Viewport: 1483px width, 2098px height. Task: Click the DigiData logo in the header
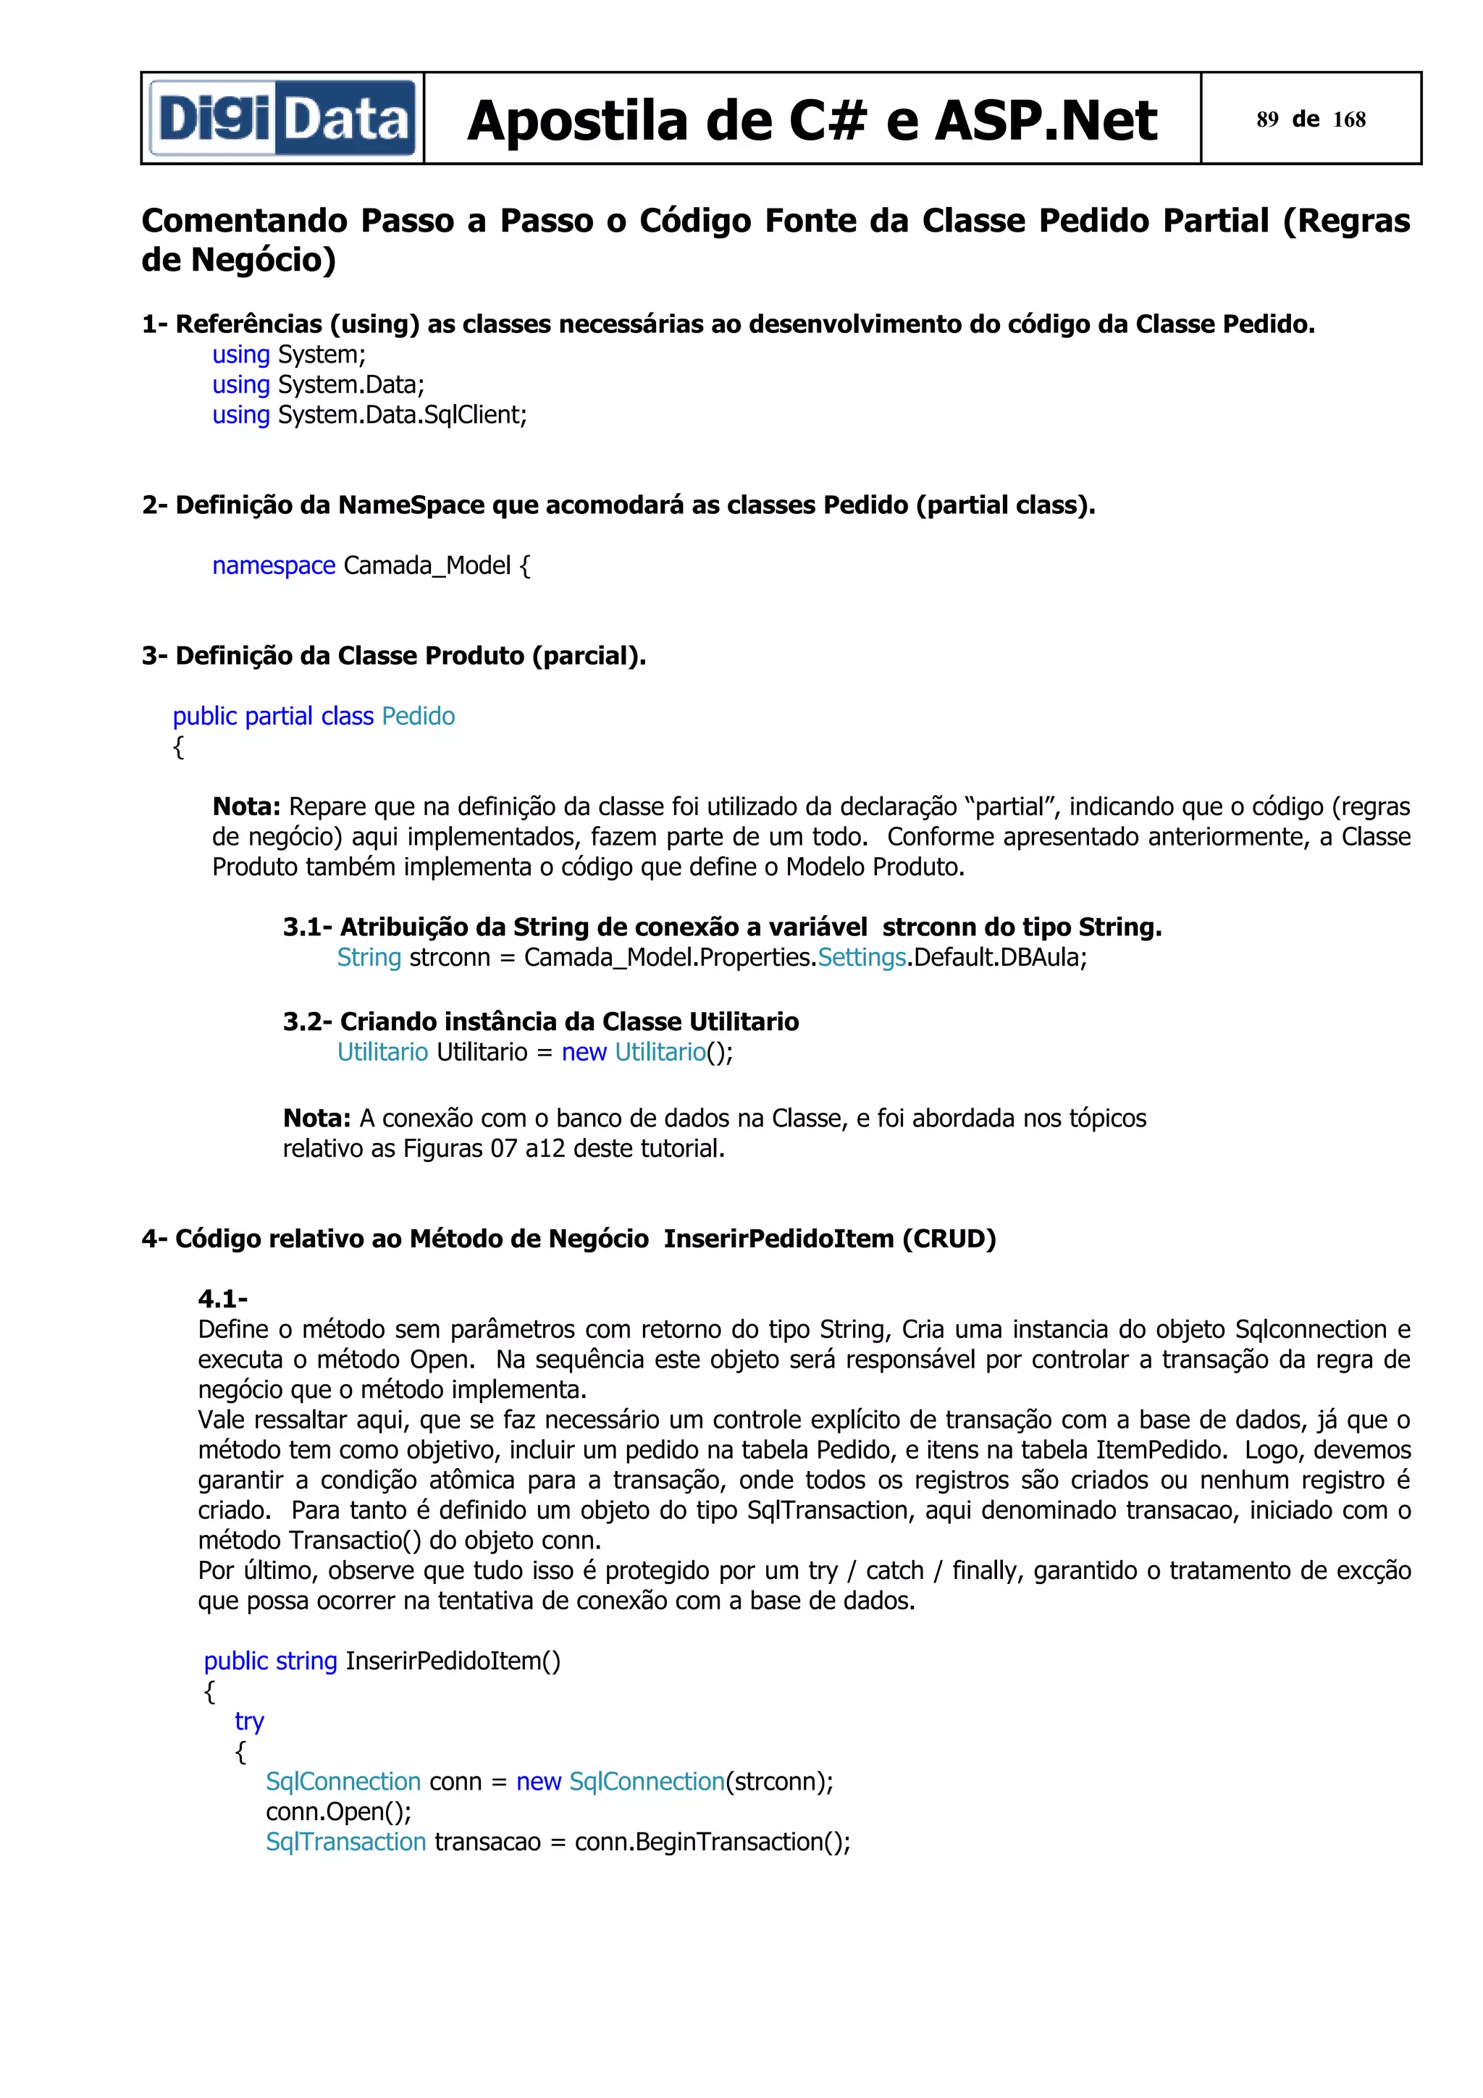(x=282, y=119)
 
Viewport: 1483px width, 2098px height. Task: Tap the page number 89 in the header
(x=1266, y=119)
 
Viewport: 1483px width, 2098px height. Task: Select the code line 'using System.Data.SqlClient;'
(x=369, y=415)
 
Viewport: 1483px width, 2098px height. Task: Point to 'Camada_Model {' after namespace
(x=436, y=565)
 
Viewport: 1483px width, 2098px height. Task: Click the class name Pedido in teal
(x=418, y=717)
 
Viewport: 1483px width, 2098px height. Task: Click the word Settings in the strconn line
(x=862, y=958)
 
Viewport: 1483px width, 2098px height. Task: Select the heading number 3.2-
(x=307, y=1021)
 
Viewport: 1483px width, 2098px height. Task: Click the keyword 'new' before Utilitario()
(x=584, y=1052)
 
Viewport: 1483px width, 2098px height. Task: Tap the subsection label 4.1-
(x=223, y=1299)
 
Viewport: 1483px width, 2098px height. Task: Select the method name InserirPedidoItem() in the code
(x=453, y=1661)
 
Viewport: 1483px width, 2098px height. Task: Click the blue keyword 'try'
(x=248, y=1722)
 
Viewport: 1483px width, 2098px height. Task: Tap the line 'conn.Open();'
(x=338, y=1811)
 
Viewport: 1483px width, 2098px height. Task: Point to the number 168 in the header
(x=1349, y=119)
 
